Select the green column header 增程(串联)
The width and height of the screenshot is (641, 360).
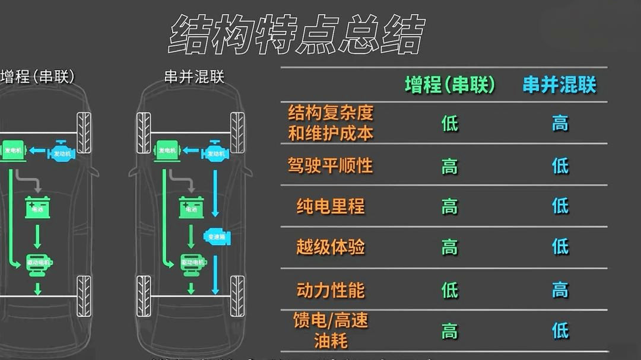click(x=449, y=85)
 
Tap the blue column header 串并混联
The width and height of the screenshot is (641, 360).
click(x=559, y=85)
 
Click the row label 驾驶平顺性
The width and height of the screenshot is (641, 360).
click(x=331, y=165)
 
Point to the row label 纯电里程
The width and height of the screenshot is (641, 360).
click(x=331, y=206)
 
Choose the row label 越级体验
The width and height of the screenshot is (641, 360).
click(x=331, y=247)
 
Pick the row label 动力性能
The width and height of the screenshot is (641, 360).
click(x=331, y=290)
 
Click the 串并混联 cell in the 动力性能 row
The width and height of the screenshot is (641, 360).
click(x=560, y=290)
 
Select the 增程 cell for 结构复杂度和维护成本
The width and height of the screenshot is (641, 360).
click(x=450, y=123)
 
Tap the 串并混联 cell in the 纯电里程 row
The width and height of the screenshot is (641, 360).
click(x=560, y=206)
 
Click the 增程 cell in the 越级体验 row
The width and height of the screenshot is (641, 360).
click(x=450, y=247)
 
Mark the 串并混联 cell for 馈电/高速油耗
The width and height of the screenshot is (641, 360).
click(x=560, y=330)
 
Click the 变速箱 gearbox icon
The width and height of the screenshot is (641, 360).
click(x=217, y=237)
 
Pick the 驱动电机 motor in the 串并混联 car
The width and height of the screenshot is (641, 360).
click(x=192, y=263)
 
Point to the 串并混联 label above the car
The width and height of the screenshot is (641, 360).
click(x=195, y=77)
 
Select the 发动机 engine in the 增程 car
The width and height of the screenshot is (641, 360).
click(x=61, y=152)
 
